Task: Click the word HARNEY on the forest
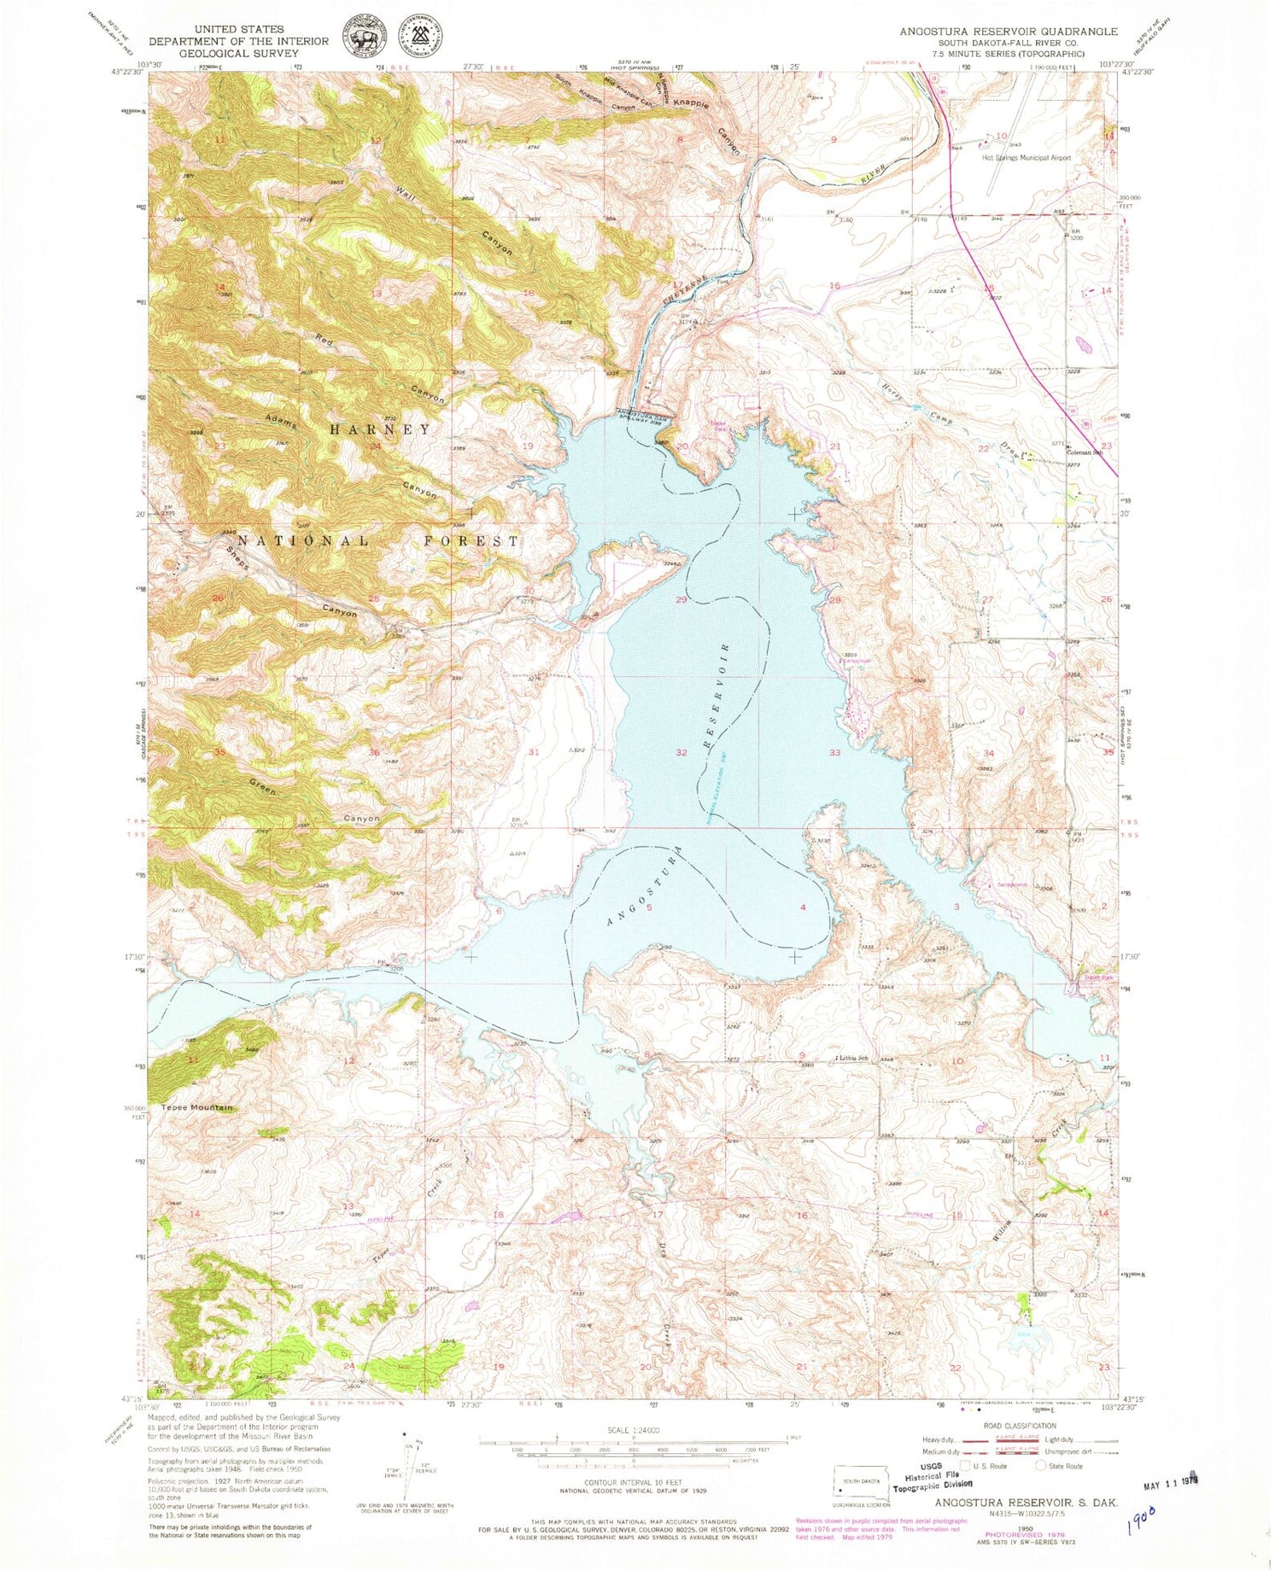380,429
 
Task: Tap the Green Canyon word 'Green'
262,786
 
